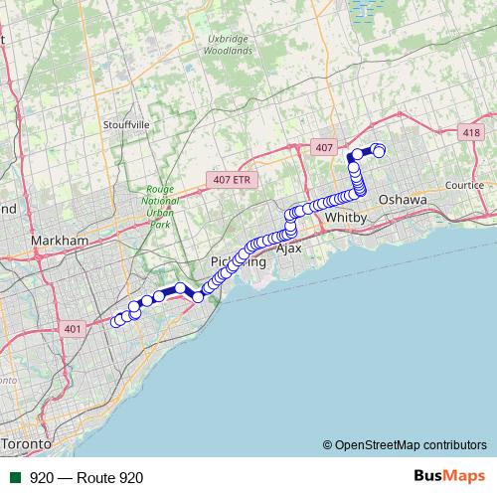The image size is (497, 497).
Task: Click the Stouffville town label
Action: point(125,125)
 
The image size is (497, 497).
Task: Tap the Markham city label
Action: point(60,241)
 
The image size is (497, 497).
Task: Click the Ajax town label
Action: point(287,248)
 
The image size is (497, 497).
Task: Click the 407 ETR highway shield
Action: point(234,180)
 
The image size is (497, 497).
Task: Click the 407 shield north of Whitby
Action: point(322,146)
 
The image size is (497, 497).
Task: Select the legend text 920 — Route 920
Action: point(86,477)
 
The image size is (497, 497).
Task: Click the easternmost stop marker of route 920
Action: point(379,151)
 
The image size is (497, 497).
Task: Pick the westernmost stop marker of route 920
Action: point(116,321)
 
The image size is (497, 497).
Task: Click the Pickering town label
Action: point(239,262)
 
